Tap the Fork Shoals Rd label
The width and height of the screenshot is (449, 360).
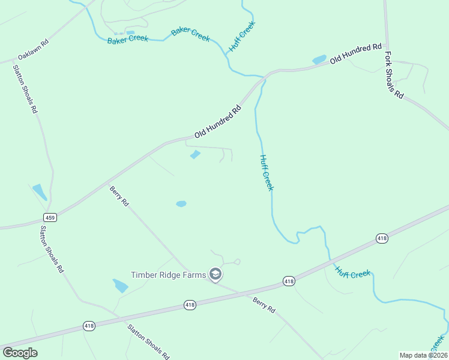tap(394, 76)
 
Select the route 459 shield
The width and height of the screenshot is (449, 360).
tap(50, 217)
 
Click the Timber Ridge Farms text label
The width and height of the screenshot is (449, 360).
tap(169, 275)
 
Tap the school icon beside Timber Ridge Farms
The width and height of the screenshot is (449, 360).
tap(215, 275)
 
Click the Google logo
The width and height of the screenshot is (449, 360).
tap(20, 353)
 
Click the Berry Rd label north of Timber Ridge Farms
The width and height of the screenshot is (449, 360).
tap(119, 196)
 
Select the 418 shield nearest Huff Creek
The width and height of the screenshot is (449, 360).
tap(382, 239)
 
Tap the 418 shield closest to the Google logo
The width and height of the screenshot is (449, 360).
tap(89, 326)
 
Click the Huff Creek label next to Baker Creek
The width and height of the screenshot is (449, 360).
tap(243, 37)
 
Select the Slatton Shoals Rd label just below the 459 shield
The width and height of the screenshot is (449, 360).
tap(52, 249)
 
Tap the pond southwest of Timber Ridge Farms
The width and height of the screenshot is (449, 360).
tap(121, 286)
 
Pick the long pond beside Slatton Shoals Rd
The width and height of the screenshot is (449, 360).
tap(39, 192)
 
